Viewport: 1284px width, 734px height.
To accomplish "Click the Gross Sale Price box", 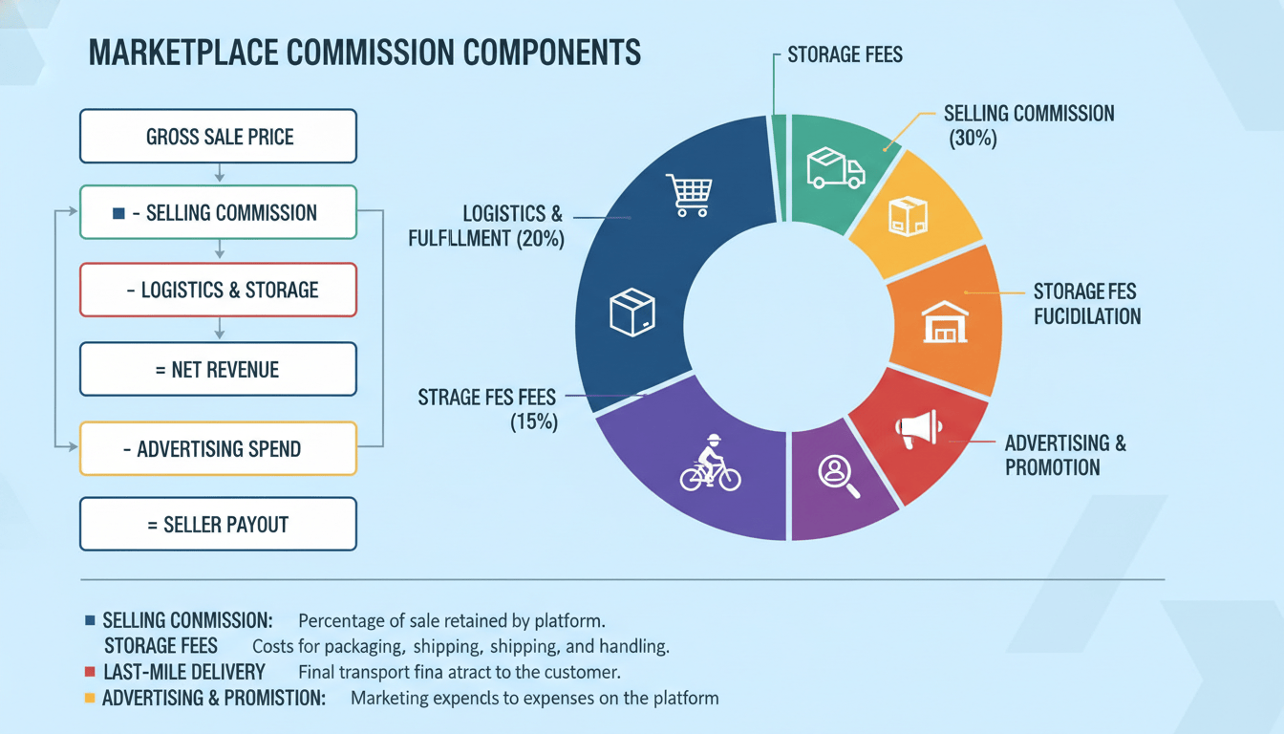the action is (x=219, y=137).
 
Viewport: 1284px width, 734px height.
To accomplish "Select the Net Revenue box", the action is (x=219, y=369).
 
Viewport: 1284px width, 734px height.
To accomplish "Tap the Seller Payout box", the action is (x=219, y=524).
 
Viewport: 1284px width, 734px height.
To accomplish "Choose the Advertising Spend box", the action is (x=219, y=448).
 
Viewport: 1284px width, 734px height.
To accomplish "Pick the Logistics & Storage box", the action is (x=219, y=291).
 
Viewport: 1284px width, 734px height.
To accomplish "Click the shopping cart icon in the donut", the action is (x=689, y=195).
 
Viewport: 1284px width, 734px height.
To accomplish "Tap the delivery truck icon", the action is (x=836, y=168).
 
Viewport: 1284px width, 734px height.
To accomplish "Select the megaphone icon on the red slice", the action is (x=918, y=428).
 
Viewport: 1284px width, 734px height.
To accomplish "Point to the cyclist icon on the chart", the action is (x=710, y=463).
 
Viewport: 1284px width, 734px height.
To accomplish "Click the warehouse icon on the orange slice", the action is (x=945, y=322).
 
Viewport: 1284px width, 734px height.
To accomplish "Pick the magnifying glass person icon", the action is (x=839, y=477).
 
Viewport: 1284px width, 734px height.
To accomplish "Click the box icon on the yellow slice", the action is (x=908, y=216).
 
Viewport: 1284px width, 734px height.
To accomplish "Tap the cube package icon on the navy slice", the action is (x=632, y=312).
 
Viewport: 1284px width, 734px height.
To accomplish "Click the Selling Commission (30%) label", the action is (x=1030, y=125).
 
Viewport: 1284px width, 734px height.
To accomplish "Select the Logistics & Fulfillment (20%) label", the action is (x=486, y=226).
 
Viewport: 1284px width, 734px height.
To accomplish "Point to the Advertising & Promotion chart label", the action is (x=1065, y=455).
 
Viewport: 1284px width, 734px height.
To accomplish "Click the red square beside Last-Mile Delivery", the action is (x=90, y=672).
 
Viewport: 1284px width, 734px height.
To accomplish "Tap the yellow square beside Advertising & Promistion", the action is (x=90, y=698).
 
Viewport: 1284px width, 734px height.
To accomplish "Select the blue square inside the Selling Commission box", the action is (x=118, y=213).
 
